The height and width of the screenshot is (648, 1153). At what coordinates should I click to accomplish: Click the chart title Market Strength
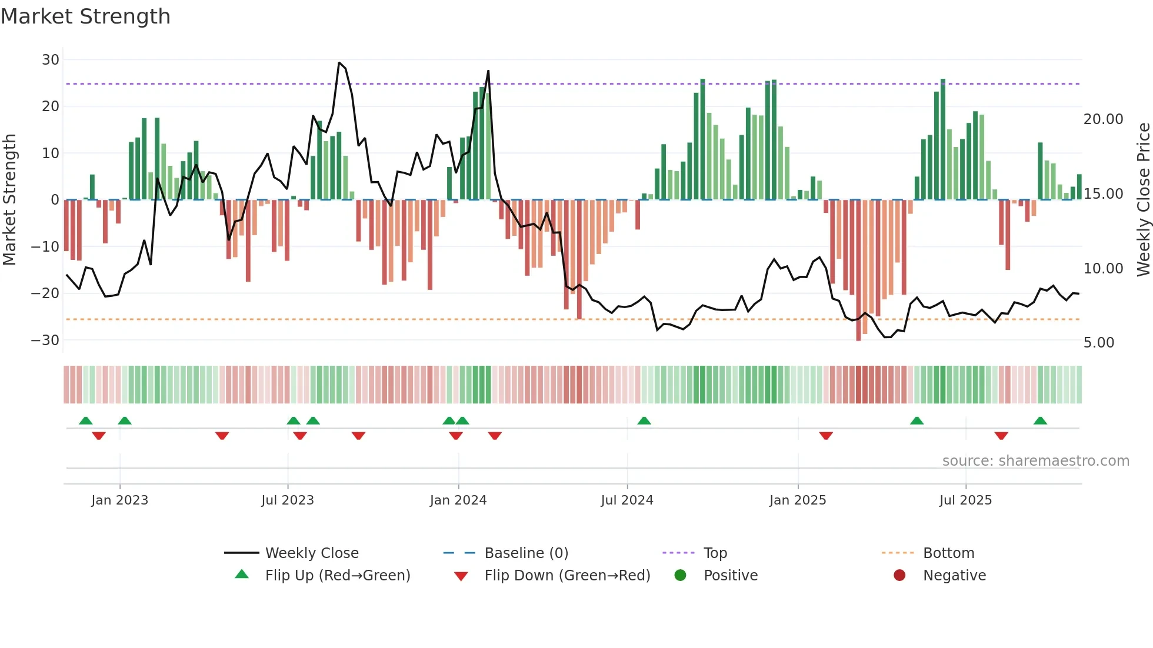tap(85, 16)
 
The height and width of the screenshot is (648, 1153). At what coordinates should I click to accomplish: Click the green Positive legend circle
tap(681, 576)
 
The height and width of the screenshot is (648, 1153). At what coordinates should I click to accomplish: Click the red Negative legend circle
tap(899, 576)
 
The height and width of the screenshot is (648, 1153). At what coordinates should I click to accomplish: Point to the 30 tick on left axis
tap(51, 60)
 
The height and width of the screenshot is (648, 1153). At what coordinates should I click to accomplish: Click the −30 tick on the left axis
tap(45, 340)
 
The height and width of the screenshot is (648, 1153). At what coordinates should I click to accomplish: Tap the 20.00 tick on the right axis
tap(1103, 119)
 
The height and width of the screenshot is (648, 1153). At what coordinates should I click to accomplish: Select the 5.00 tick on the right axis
tap(1098, 343)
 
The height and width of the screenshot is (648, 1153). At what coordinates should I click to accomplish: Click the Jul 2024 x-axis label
tap(627, 500)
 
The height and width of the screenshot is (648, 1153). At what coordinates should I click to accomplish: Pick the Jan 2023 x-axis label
tap(119, 500)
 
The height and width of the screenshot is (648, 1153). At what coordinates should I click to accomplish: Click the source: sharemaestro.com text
tap(1035, 461)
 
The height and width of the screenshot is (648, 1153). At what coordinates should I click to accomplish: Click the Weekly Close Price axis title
tap(1143, 200)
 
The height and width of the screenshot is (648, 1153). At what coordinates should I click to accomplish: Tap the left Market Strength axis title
tap(9, 200)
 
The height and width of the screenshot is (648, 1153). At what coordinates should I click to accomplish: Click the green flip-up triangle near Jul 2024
tap(644, 420)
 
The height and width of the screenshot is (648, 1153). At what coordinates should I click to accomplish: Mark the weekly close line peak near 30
tap(339, 63)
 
